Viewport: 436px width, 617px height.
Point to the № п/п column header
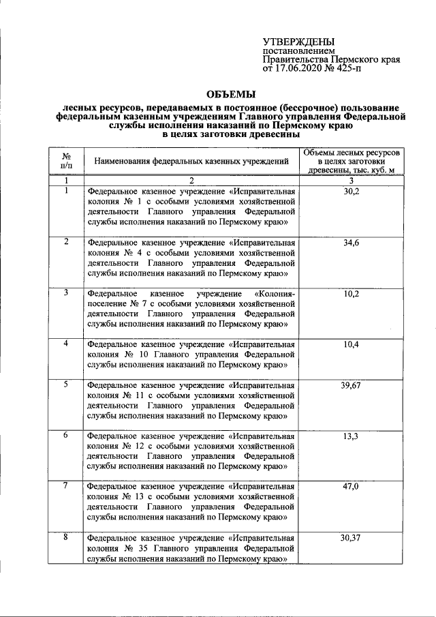[x=66, y=161]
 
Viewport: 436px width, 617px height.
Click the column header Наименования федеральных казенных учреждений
[x=191, y=162]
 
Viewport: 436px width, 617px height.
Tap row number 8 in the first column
[x=66, y=538]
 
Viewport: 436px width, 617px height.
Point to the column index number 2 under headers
[x=191, y=181]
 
